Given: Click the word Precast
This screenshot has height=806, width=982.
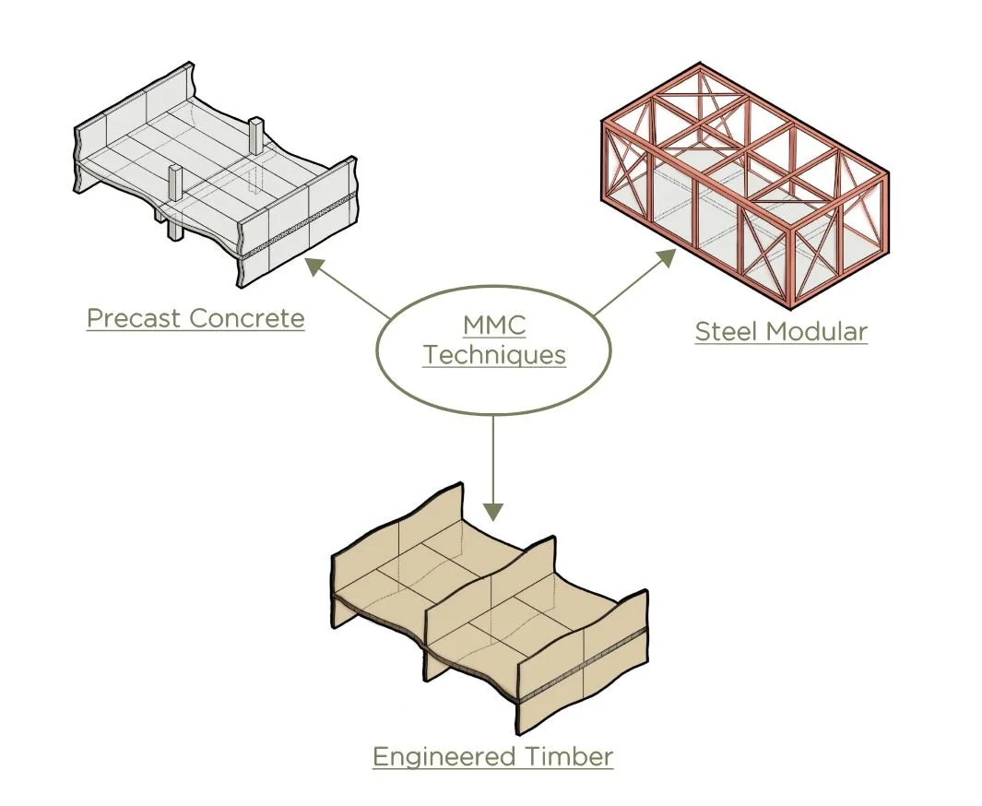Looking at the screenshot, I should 134,319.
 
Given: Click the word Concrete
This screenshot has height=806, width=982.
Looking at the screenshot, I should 246,319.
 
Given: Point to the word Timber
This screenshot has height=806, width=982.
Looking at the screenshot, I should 569,757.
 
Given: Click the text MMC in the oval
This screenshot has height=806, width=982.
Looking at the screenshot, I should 494,326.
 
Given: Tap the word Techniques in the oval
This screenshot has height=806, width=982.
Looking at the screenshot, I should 494,356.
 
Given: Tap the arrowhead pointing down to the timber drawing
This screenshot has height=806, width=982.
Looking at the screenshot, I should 494,510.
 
